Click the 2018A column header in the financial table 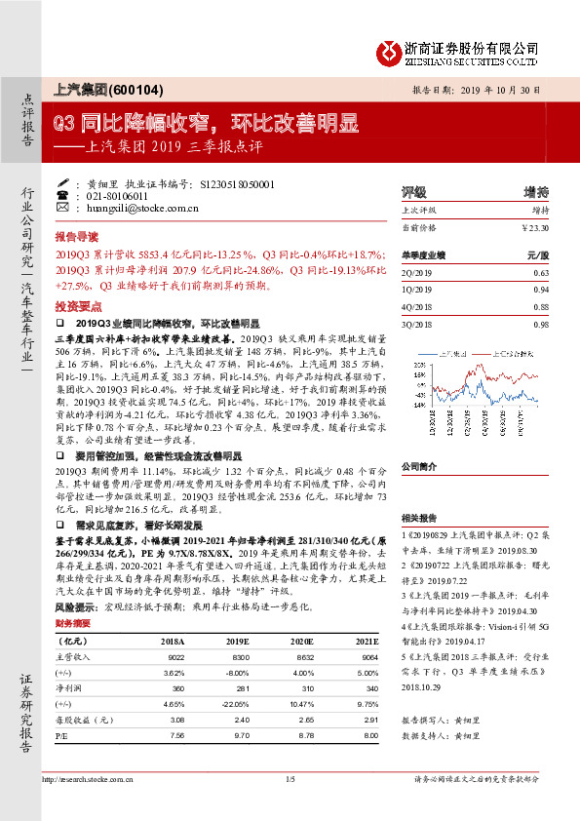(x=174, y=642)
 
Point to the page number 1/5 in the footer (x=290, y=805)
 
